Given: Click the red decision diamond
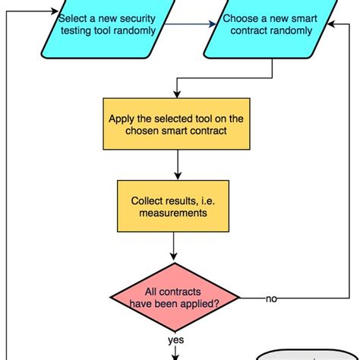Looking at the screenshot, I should pos(175,299).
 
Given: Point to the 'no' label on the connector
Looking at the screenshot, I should pos(271,299).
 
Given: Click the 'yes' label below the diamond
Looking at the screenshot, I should pos(175,339).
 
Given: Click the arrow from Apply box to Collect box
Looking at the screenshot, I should pos(176,164).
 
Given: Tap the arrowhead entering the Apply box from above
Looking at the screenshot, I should pos(176,93).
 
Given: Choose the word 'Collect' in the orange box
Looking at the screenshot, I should pos(149,201).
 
